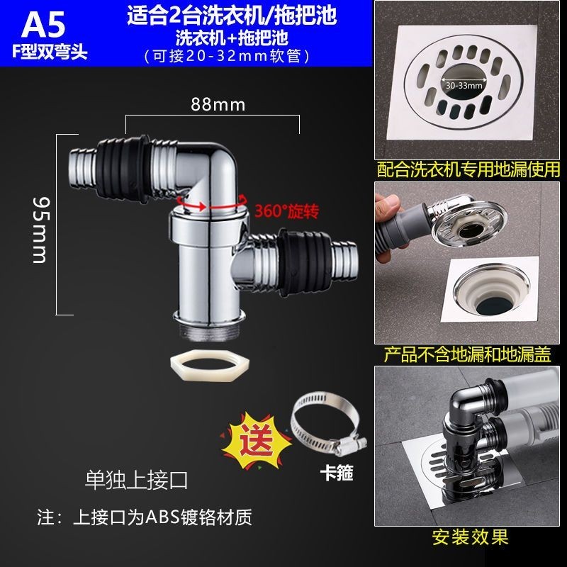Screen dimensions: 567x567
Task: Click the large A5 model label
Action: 43,24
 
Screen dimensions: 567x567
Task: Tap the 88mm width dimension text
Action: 218,105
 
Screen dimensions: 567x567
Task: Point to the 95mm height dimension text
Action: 40,230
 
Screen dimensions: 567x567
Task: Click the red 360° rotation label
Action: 287,211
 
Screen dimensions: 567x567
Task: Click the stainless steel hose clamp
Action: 328,425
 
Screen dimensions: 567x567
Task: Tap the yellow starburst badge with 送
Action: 256,440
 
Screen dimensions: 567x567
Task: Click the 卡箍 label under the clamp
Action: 336,473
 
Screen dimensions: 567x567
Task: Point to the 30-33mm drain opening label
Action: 464,86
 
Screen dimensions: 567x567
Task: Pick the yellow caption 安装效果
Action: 471,537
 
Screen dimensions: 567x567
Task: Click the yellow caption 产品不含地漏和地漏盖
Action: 467,354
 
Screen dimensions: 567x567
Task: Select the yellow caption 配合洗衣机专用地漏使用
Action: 468,169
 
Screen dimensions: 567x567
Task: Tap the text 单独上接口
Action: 136,481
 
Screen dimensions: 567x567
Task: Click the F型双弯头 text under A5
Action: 50,52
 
